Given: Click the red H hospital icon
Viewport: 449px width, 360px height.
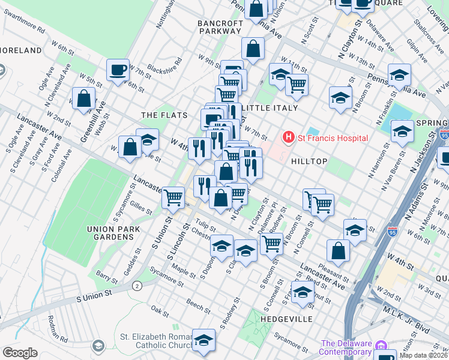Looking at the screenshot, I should (x=289, y=138).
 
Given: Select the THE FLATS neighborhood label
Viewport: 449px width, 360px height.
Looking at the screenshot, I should (x=164, y=115).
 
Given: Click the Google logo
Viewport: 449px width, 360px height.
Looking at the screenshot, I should (x=20, y=352).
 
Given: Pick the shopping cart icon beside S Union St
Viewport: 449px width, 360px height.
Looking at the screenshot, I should (x=173, y=197).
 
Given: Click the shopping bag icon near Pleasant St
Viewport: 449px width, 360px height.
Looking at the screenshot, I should (x=339, y=250).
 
